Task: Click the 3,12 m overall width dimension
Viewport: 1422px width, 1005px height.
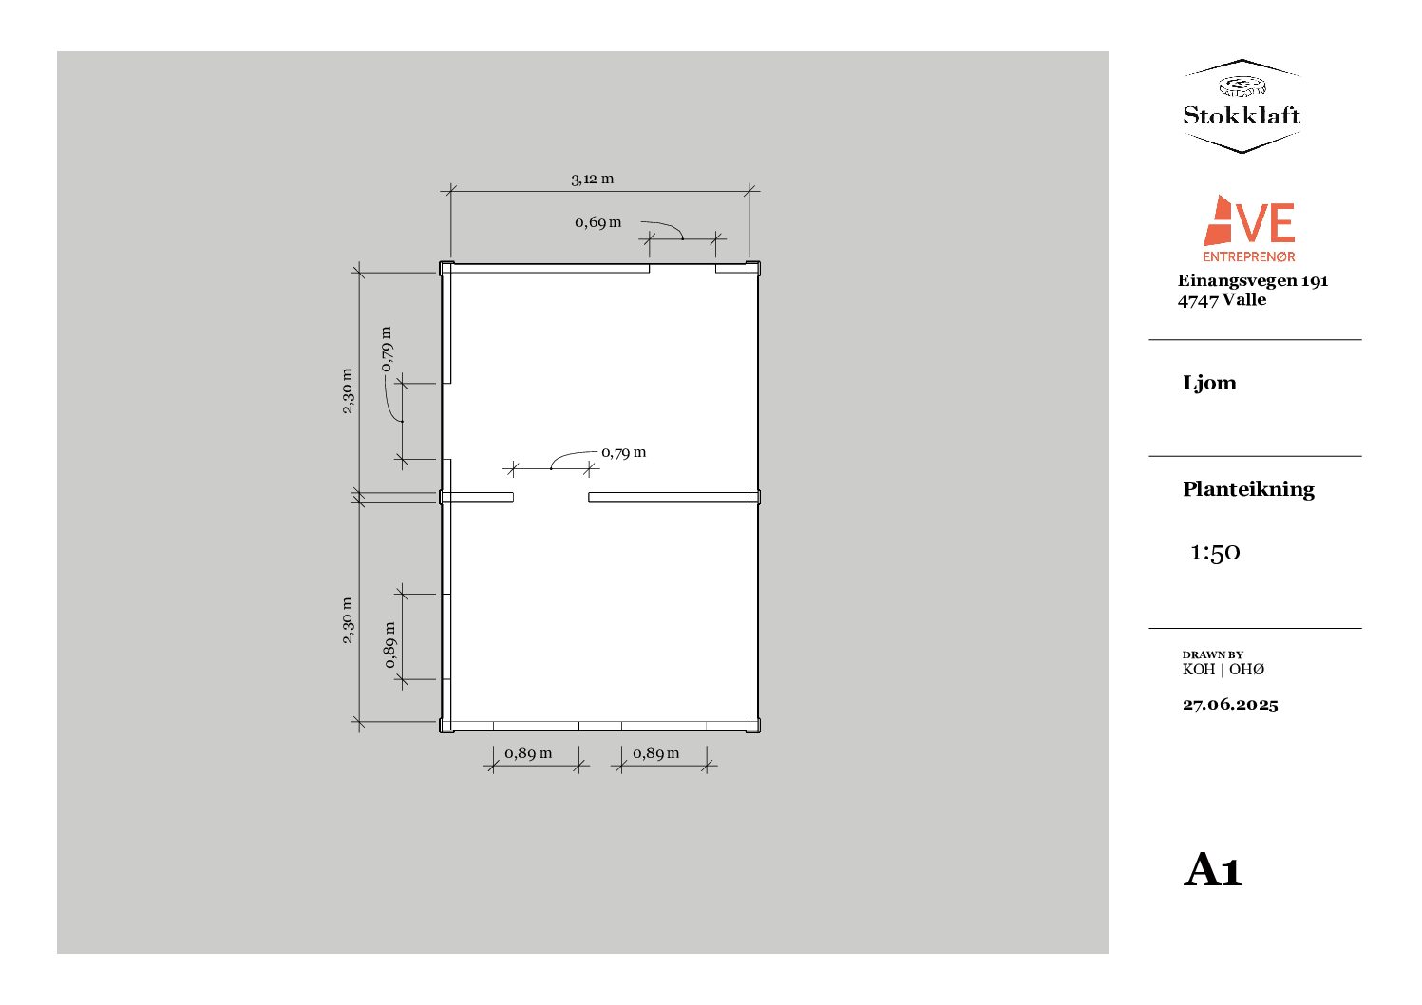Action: (x=592, y=179)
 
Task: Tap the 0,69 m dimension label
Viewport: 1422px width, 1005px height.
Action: (x=597, y=222)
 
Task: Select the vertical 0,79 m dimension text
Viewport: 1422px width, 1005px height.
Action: (x=387, y=349)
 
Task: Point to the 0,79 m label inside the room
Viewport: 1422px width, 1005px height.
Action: (x=623, y=452)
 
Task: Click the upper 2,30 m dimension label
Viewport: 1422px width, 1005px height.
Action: (x=348, y=390)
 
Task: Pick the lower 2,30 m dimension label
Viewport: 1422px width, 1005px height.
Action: (x=348, y=620)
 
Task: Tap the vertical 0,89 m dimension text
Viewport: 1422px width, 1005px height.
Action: (x=389, y=645)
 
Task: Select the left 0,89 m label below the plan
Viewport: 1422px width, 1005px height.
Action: (x=528, y=752)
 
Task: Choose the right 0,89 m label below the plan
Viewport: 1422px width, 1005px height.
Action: (x=656, y=752)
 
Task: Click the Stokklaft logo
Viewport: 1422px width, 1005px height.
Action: (x=1241, y=106)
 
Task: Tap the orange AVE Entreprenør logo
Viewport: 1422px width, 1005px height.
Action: (x=1249, y=229)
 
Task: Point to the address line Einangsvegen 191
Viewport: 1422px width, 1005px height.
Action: (x=1252, y=280)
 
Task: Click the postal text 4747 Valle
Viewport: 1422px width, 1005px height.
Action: (x=1222, y=299)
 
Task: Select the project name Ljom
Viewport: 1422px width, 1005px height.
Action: (x=1209, y=383)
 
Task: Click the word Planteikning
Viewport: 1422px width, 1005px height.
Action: (x=1248, y=489)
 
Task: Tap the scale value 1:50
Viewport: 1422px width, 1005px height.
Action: (x=1215, y=552)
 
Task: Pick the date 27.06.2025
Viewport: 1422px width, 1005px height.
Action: (x=1230, y=704)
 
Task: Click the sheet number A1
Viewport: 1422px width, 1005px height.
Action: (x=1213, y=870)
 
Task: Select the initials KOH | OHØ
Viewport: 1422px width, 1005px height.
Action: (x=1223, y=670)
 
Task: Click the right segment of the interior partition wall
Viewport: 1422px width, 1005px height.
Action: (x=673, y=497)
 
